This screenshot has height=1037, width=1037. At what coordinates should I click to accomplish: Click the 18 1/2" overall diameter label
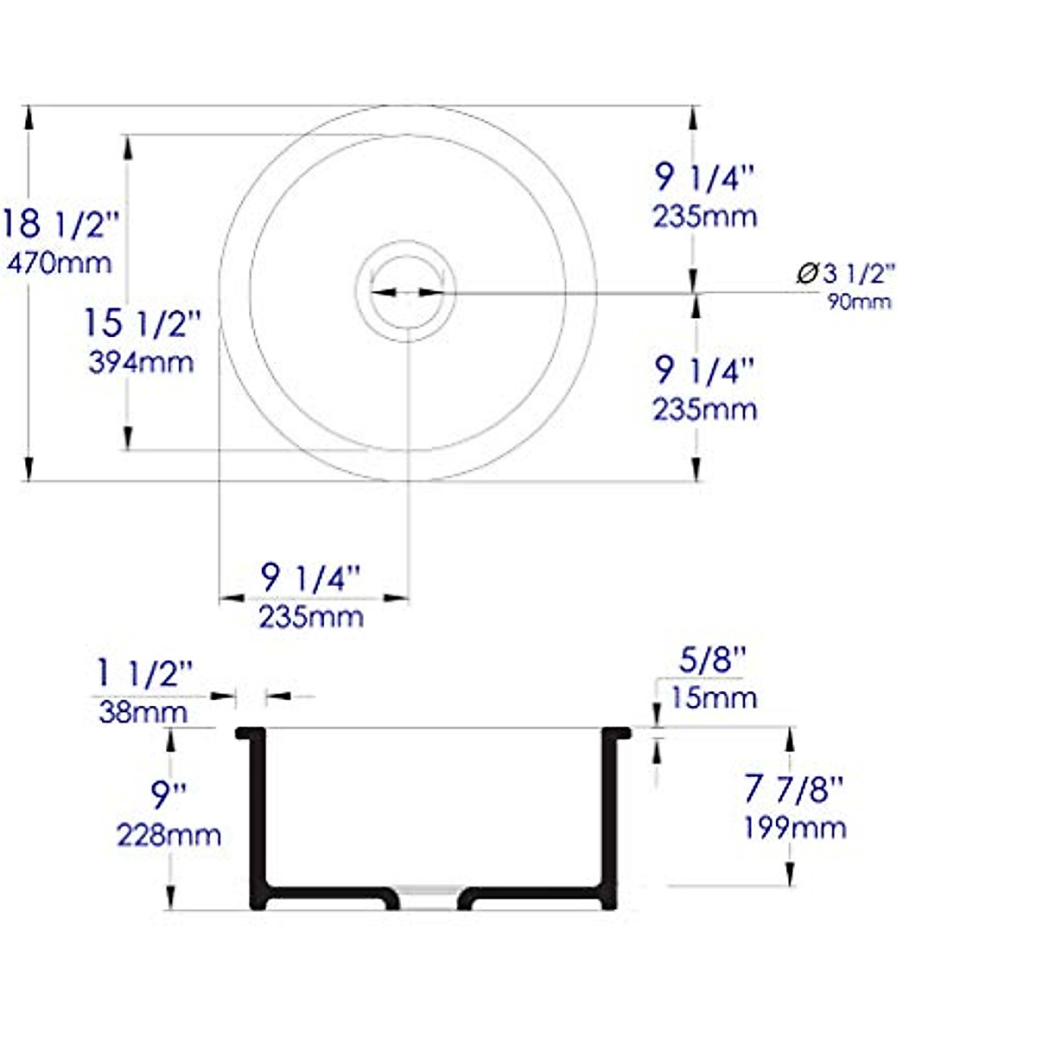click(59, 225)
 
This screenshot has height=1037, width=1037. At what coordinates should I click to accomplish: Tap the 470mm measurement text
click(59, 263)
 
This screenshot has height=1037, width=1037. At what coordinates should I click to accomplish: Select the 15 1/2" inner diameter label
click(142, 323)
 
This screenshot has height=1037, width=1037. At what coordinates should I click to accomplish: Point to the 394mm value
click(141, 362)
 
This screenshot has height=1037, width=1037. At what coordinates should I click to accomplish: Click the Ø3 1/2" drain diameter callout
click(844, 274)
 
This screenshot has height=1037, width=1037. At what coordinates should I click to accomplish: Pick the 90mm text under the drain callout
click(859, 302)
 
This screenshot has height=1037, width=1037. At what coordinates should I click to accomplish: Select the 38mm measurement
click(143, 713)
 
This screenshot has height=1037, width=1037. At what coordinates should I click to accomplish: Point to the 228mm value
click(169, 836)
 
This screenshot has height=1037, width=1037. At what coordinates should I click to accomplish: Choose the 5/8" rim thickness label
click(712, 660)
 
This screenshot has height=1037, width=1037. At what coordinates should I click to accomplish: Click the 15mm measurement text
click(713, 698)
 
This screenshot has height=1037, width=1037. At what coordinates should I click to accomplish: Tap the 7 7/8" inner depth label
click(793, 788)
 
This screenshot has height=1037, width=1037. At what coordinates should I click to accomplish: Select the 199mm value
click(794, 828)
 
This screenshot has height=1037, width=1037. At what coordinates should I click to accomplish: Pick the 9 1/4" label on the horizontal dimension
click(310, 578)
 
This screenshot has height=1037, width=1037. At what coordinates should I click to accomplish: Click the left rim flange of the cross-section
click(250, 734)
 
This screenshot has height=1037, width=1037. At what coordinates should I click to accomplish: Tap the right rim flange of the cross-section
click(617, 734)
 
